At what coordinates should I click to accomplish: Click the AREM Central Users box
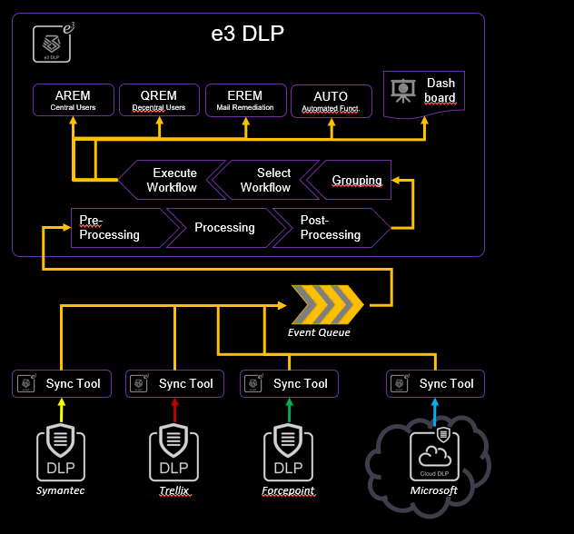pyautogui.click(x=74, y=100)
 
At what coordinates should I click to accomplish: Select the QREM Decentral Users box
pyautogui.click(x=159, y=100)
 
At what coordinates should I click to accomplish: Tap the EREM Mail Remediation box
pyautogui.click(x=245, y=100)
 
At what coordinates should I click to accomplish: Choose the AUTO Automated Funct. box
pyautogui.click(x=331, y=101)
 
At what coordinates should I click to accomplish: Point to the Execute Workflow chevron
pyautogui.click(x=173, y=180)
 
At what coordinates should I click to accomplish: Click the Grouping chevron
pyautogui.click(x=352, y=180)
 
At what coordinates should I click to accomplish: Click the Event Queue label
pyautogui.click(x=319, y=332)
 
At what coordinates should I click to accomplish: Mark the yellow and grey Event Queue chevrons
pyautogui.click(x=326, y=304)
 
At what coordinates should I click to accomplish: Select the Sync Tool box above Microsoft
pyautogui.click(x=434, y=383)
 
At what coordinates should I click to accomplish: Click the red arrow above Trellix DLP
pyautogui.click(x=173, y=412)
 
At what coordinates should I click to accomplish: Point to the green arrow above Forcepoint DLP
pyautogui.click(x=288, y=412)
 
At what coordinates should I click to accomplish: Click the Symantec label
pyautogui.click(x=60, y=490)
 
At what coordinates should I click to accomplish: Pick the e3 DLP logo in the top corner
pyautogui.click(x=53, y=44)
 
